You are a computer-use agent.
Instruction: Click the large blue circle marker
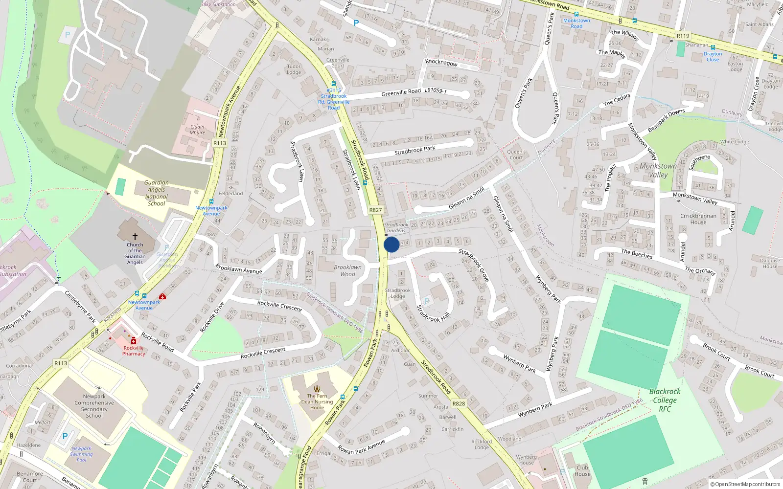(x=391, y=244)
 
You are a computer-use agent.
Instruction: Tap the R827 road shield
(x=375, y=210)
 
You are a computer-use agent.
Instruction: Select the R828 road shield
(x=459, y=403)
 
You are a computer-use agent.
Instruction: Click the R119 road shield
(x=683, y=36)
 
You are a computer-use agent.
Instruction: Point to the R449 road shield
(x=220, y=143)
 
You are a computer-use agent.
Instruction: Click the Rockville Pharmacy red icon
(x=134, y=341)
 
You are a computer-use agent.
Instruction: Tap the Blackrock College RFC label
(x=665, y=400)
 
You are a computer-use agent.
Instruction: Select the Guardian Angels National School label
(x=157, y=193)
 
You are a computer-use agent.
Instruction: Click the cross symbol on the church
(x=135, y=237)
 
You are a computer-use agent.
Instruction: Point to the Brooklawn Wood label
(x=348, y=270)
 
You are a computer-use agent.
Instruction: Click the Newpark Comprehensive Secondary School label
(x=94, y=406)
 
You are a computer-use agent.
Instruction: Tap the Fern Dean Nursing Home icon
(x=317, y=389)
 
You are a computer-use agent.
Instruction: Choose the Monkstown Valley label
(x=658, y=170)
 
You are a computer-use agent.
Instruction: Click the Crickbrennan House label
(x=698, y=219)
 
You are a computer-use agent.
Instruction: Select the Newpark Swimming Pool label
(x=81, y=454)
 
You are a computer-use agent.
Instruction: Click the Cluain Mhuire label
(x=197, y=130)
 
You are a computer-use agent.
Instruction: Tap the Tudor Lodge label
(x=294, y=69)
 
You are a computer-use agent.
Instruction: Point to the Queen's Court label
(x=516, y=155)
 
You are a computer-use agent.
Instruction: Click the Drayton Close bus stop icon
(x=713, y=47)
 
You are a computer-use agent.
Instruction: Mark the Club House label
(x=582, y=470)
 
